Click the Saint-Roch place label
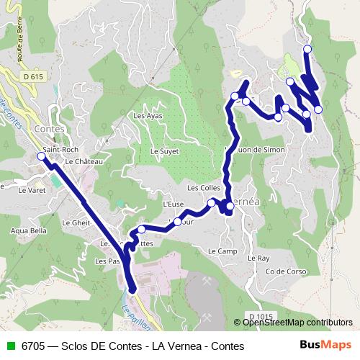[x=60, y=150]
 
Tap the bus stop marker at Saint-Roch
[x=42, y=156]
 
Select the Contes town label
[x=49, y=128]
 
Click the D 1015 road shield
[x=263, y=316]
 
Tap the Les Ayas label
[x=148, y=115]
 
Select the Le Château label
[x=84, y=162]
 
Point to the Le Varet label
[x=32, y=191]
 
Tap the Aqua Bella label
[x=29, y=231]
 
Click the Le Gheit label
[x=76, y=223]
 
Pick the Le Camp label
[x=222, y=251]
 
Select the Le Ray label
[x=258, y=257]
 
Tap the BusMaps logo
[x=330, y=346]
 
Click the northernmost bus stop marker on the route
[x=307, y=49]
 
